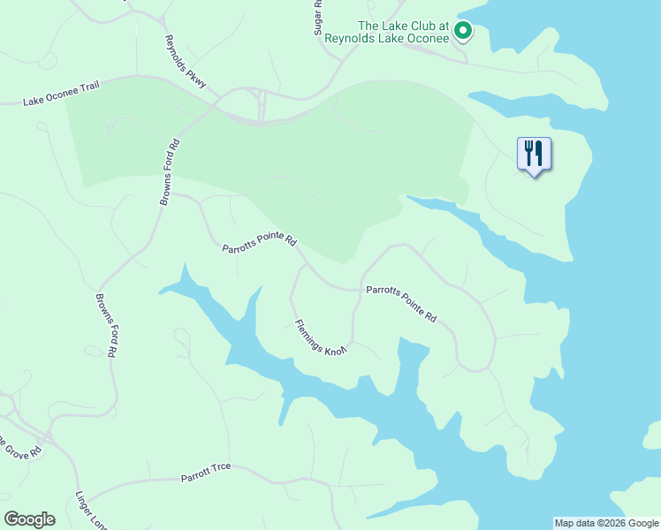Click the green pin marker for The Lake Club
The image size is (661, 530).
462,33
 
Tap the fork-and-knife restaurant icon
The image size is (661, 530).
534,153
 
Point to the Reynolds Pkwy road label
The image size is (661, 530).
186,62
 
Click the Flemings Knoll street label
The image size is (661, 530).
320,337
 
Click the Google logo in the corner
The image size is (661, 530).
29,519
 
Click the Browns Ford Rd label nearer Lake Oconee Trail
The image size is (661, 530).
170,172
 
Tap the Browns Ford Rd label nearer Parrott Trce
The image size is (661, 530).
105,324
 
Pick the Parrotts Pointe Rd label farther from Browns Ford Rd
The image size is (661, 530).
401,302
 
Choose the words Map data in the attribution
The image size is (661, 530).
574,523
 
